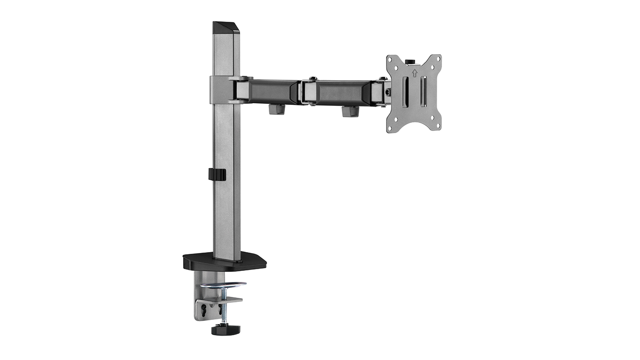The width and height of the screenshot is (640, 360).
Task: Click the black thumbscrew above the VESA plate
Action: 412,62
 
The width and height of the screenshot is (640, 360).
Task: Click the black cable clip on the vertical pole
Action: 217,174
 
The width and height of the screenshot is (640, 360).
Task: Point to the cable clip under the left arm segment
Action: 276,110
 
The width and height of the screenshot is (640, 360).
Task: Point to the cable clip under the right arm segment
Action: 350,111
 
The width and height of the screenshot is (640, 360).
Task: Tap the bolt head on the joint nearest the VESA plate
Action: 383,78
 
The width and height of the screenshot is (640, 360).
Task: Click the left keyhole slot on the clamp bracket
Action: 204,308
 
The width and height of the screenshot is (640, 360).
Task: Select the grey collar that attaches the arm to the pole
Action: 220,90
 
